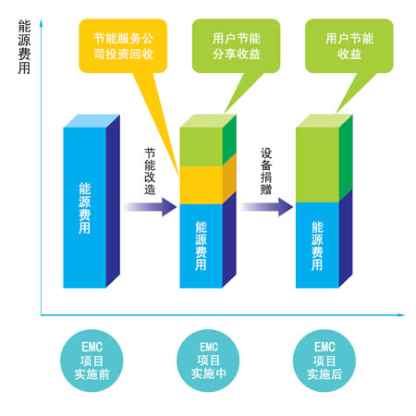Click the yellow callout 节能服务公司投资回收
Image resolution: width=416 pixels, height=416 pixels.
(123, 46)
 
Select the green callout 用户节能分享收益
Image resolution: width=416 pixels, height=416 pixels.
(236, 46)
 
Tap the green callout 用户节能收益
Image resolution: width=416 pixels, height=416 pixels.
(349, 46)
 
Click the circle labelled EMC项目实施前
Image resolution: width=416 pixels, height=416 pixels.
(92, 361)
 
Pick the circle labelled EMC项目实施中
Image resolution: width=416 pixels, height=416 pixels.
(208, 361)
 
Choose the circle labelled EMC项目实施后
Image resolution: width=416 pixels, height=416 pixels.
(324, 361)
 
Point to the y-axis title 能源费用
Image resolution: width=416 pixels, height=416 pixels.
(24, 47)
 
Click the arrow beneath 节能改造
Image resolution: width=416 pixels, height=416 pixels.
(151, 207)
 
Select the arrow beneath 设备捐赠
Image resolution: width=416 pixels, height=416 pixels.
(267, 207)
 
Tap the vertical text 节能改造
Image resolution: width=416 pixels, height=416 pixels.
(150, 171)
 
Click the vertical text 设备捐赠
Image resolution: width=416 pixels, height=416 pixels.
(266, 171)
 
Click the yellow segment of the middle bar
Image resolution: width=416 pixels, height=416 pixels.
(202, 185)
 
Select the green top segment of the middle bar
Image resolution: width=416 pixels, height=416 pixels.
(202, 147)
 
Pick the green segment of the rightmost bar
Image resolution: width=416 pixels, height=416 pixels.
(317, 165)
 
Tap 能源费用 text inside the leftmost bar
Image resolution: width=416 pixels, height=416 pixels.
(84, 208)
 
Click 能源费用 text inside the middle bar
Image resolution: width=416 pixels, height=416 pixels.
(201, 246)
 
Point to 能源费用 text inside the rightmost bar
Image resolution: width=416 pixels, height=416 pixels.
(317, 246)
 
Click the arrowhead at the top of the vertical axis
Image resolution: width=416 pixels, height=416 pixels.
(41, 22)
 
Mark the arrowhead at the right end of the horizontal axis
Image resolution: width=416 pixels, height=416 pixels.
(401, 315)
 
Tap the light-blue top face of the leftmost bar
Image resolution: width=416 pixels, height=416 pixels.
(92, 121)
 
